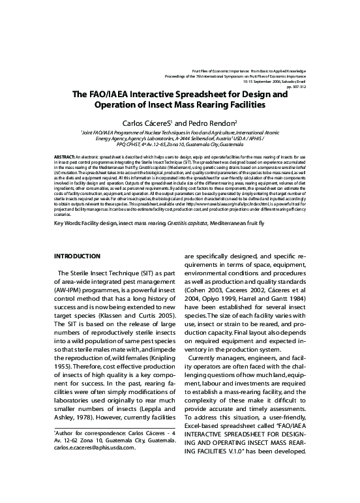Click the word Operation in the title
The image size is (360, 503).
(x=121, y=104)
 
